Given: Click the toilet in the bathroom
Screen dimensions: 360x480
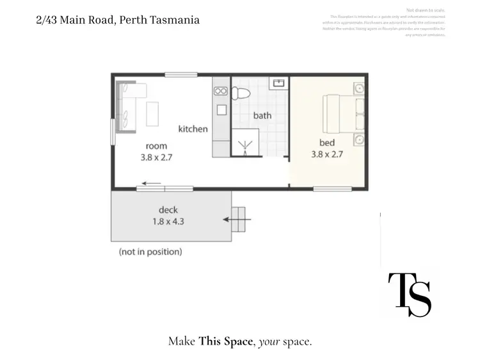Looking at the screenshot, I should pyautogui.click(x=241, y=94).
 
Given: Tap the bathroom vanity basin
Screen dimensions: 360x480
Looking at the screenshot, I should pyautogui.click(x=279, y=83).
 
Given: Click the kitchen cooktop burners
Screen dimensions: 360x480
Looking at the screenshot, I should pyautogui.click(x=221, y=92).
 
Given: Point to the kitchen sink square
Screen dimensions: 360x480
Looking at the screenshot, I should pyautogui.click(x=221, y=109).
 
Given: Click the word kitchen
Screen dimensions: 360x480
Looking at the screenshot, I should pyautogui.click(x=193, y=129).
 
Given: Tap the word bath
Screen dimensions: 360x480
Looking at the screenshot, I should pyautogui.click(x=262, y=115).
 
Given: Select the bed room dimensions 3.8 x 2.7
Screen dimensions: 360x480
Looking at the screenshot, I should pyautogui.click(x=327, y=154).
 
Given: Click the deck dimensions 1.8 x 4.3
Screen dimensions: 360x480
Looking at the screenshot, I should pyautogui.click(x=168, y=222).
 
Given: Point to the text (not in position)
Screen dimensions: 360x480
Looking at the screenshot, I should pyautogui.click(x=150, y=252).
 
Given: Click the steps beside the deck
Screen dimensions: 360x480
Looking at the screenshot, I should pyautogui.click(x=238, y=220).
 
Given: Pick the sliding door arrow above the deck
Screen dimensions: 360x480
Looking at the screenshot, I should pyautogui.click(x=148, y=183).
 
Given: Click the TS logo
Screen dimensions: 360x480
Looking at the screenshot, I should pyautogui.click(x=410, y=295).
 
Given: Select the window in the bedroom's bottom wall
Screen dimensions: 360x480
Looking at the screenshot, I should pyautogui.click(x=332, y=188).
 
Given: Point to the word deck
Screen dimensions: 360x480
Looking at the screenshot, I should pyautogui.click(x=168, y=210).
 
